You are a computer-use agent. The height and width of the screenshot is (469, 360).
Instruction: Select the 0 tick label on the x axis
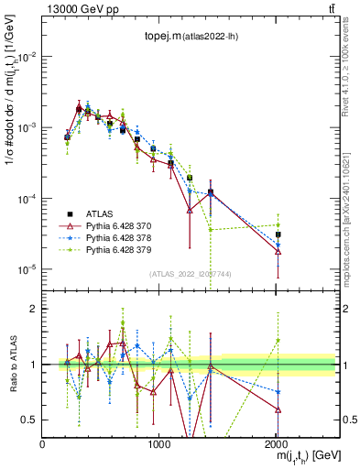click(43, 443)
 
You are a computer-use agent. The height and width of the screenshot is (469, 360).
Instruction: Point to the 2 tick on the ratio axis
click(35, 309)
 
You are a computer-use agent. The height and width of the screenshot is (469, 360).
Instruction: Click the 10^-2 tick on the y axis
click(27, 56)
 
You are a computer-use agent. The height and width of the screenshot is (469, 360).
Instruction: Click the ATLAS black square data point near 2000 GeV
click(278, 234)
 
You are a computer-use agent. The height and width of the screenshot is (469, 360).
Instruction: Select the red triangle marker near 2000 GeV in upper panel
click(278, 251)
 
